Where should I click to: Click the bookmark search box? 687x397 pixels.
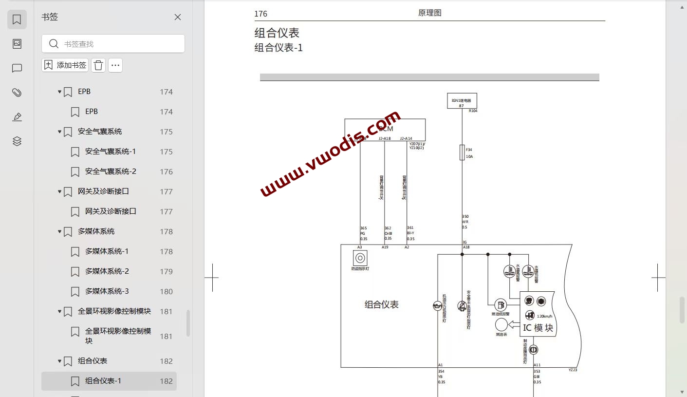[113, 44]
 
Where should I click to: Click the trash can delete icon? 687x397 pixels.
[98, 65]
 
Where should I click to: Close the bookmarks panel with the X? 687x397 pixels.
[178, 17]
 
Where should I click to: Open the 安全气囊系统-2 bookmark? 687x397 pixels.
[111, 171]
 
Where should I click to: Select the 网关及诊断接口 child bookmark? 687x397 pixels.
[111, 211]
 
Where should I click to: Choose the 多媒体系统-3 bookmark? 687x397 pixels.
[107, 291]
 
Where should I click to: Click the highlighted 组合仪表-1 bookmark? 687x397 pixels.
[103, 381]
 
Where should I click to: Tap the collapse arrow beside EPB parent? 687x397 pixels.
[60, 92]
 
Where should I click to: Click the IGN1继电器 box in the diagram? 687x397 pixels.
[462, 101]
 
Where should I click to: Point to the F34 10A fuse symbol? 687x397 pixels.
[462, 152]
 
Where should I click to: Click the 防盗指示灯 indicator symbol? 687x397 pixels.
[360, 258]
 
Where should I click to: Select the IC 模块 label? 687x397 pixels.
[538, 328]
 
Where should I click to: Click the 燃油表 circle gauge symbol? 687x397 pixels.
[501, 325]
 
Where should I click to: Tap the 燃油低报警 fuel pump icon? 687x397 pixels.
[500, 305]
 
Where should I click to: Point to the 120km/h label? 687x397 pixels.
[544, 316]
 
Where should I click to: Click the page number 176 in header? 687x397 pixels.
[260, 14]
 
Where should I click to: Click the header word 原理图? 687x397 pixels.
[429, 13]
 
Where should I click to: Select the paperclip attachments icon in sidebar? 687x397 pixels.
[17, 93]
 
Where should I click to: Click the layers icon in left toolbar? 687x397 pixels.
[17, 141]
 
